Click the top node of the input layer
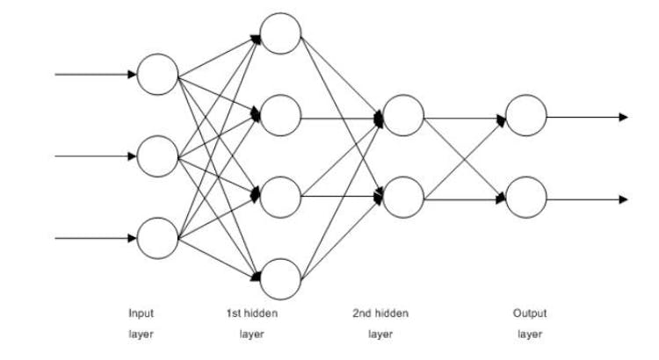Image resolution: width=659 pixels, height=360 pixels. click(x=157, y=75)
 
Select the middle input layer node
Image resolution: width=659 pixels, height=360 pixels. click(x=157, y=156)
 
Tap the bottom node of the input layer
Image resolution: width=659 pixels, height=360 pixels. click(x=157, y=238)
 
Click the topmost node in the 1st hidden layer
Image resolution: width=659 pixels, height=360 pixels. click(x=280, y=33)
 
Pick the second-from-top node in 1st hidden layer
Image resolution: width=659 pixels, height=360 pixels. click(x=280, y=115)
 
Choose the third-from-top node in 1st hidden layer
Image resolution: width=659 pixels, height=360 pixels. click(x=280, y=197)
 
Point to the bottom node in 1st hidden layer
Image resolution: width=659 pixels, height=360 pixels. click(x=280, y=278)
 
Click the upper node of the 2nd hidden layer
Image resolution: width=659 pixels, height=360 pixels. click(x=403, y=115)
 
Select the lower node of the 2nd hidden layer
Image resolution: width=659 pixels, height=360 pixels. click(x=403, y=197)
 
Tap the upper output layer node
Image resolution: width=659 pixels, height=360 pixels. click(x=526, y=115)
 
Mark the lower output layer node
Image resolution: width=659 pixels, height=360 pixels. click(x=526, y=197)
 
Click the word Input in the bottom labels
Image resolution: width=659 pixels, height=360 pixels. click(x=141, y=313)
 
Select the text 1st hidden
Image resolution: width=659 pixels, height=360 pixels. click(x=251, y=313)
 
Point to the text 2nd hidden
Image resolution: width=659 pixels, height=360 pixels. click(x=380, y=313)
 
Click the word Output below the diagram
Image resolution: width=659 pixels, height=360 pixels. click(x=530, y=313)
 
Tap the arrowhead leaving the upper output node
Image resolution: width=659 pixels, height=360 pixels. click(x=624, y=116)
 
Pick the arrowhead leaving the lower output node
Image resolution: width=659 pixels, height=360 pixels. click(x=624, y=199)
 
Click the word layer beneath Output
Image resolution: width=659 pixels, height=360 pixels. click(x=530, y=335)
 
